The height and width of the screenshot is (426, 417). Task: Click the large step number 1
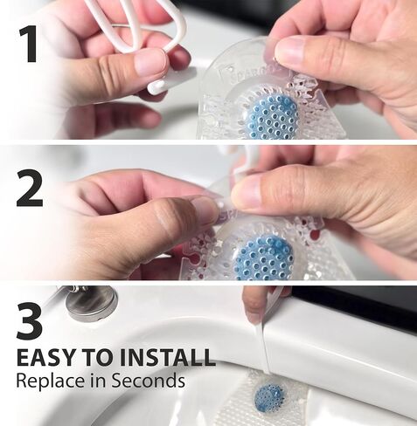(x=29, y=44)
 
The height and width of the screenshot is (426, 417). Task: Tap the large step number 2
(x=30, y=189)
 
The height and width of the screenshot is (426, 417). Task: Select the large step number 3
(x=30, y=322)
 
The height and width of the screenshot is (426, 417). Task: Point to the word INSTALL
(x=167, y=357)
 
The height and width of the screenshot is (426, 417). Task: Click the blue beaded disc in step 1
(x=272, y=118)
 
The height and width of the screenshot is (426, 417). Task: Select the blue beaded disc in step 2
(x=264, y=258)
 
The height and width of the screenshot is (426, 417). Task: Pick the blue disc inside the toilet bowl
(x=269, y=398)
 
